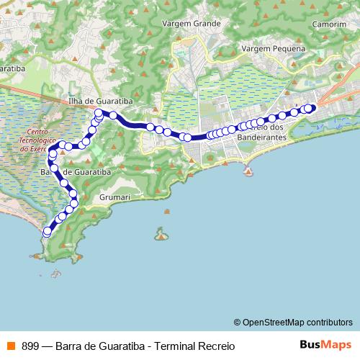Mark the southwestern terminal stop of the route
[47, 232]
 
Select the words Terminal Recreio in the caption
[194, 345]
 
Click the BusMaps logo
[325, 344]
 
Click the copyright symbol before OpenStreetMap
[237, 322]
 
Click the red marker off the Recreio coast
[248, 172]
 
